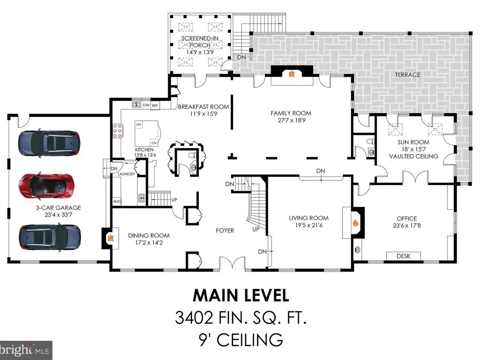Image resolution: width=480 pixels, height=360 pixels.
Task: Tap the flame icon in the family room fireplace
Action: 292,74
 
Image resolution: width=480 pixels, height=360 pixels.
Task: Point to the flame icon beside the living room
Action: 356,222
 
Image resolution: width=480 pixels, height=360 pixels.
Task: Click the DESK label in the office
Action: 403,256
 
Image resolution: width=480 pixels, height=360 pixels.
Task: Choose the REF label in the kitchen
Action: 155,106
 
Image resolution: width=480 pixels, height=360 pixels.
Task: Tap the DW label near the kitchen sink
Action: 146,105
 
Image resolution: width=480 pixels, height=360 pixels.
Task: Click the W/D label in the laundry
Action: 117,201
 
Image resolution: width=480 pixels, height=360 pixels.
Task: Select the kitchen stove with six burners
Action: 118,131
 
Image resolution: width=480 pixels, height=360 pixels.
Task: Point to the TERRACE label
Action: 408,75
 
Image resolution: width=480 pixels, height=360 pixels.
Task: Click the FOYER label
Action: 225,230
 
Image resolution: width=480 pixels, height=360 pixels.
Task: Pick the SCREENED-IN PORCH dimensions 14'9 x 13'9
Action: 200,52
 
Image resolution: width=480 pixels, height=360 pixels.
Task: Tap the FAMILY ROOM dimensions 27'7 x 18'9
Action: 291,120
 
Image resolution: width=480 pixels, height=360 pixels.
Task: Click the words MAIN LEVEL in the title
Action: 241,295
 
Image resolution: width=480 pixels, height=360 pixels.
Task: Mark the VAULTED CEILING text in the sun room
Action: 414,156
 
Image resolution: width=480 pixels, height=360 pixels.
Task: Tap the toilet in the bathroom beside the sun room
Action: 370,141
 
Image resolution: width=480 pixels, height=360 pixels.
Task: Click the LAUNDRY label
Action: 126,174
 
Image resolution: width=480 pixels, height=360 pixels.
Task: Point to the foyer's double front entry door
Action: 232,263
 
